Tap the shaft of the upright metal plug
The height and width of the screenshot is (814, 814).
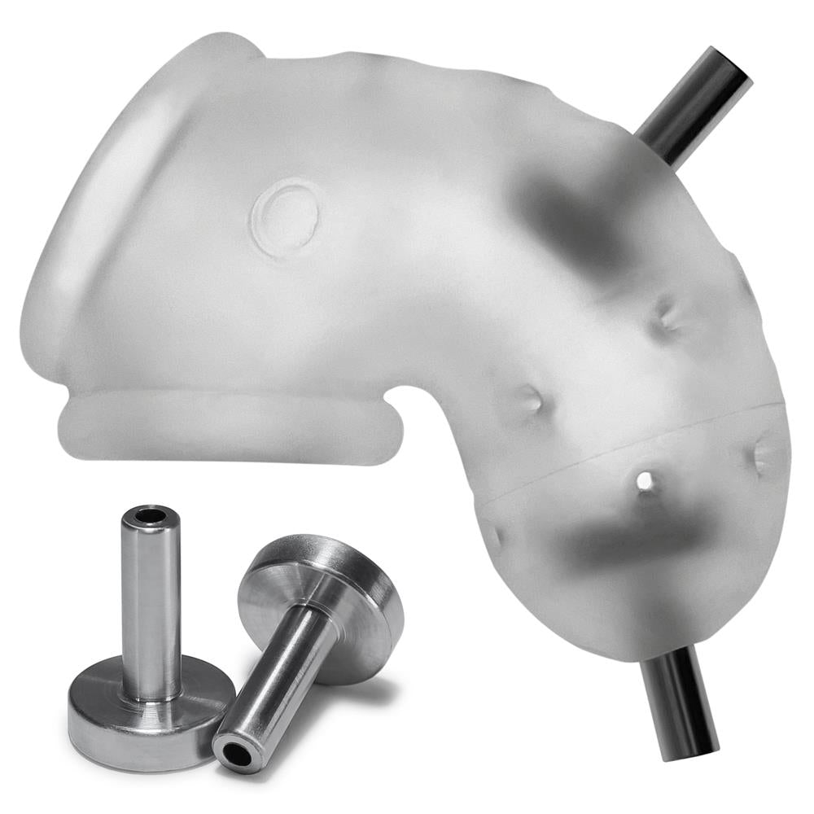pos(151,602)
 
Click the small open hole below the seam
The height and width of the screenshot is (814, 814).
pos(645,481)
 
